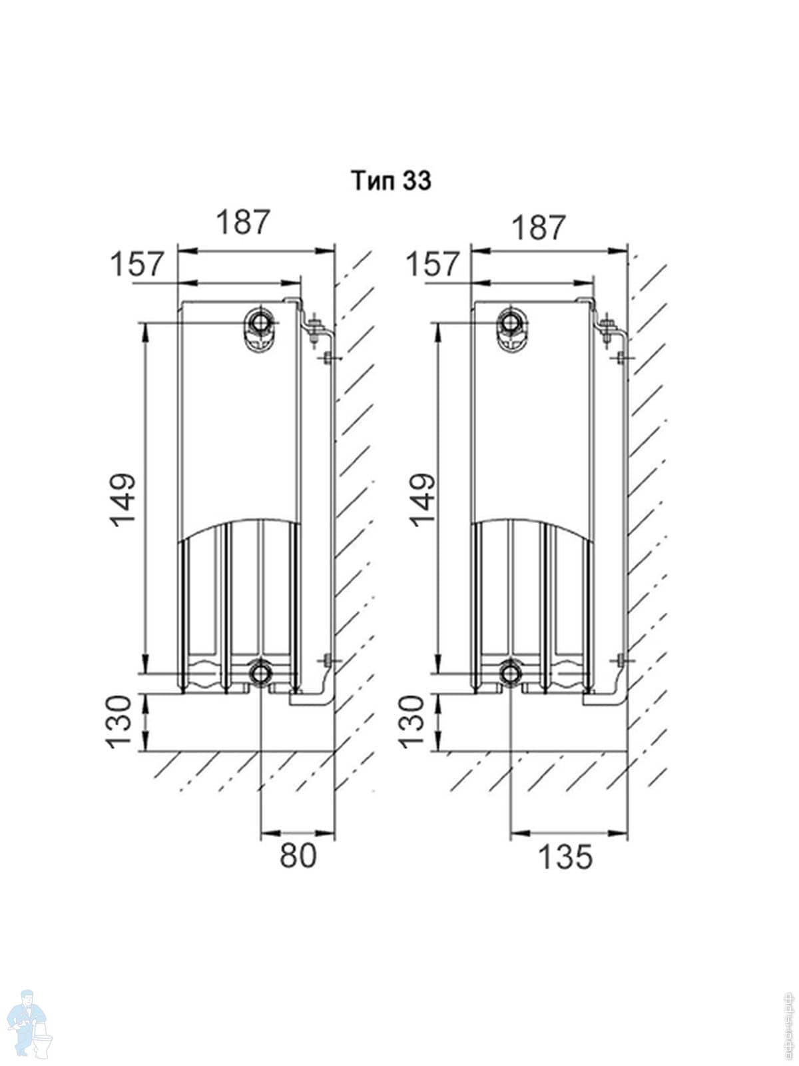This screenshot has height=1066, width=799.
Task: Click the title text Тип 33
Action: coord(392,181)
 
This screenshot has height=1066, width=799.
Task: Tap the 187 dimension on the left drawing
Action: coord(243,222)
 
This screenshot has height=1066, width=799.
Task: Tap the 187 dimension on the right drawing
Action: coord(538,227)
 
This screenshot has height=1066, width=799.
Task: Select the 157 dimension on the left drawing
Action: coord(137,265)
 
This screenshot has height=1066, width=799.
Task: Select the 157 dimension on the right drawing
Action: coord(433,265)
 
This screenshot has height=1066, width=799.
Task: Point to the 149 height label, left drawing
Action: coord(123,500)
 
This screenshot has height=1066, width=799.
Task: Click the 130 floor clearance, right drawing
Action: coord(411,722)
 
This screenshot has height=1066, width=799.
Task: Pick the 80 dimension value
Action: coord(298,855)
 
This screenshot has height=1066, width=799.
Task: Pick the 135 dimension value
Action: coord(565,857)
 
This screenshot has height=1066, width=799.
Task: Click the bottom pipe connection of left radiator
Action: coord(260,674)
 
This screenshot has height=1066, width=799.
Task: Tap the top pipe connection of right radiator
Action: coord(511,323)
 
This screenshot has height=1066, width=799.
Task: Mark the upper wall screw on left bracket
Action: coord(328,358)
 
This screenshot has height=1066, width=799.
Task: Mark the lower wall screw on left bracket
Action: coord(328,661)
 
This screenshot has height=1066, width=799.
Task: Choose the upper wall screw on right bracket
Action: coord(621,358)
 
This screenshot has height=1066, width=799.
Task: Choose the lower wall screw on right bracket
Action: coord(621,661)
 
